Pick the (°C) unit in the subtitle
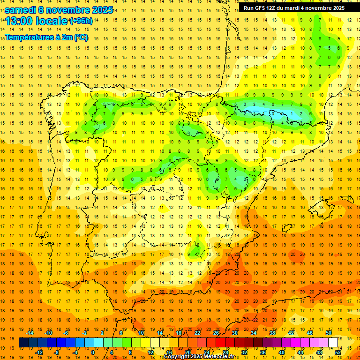pos(80,37)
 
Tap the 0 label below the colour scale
pos(93,352)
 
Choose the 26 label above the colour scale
pos(216,333)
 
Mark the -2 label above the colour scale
pos(84,333)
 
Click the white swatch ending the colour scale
pos(333,343)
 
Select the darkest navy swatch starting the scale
pos(23,343)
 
